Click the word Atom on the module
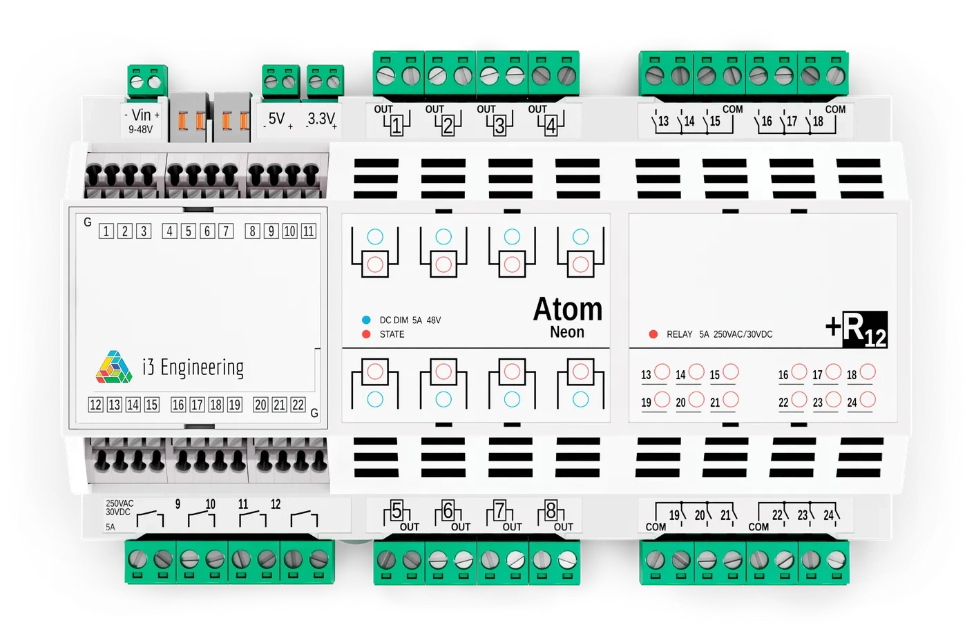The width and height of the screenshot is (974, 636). tap(567, 309)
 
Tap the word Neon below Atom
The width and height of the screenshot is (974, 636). tap(567, 332)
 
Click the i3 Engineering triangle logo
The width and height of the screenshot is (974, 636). tap(114, 367)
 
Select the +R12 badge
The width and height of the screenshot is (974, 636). tap(857, 329)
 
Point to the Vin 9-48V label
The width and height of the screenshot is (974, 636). tap(141, 121)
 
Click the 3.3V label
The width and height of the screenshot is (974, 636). tap(321, 119)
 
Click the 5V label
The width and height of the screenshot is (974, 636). tap(276, 119)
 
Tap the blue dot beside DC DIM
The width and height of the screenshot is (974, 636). tap(366, 320)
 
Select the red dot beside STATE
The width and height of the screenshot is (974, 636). tap(366, 334)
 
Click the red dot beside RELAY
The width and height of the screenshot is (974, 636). tap(653, 334)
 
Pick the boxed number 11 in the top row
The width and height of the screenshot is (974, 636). tap(309, 231)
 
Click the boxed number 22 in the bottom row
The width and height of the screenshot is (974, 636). tap(298, 405)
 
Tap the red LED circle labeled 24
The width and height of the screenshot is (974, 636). tap(868, 399)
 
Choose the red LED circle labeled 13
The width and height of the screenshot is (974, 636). tap(662, 372)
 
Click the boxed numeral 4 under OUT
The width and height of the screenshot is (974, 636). tap(551, 127)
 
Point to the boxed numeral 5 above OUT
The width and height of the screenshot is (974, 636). tap(397, 512)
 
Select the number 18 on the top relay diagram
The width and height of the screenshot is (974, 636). tap(818, 122)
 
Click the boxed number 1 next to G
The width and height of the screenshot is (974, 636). tap(106, 231)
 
